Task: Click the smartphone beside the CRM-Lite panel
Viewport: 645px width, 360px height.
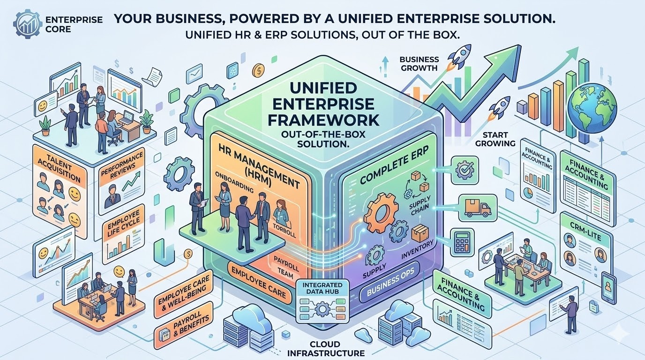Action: click(608, 285)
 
